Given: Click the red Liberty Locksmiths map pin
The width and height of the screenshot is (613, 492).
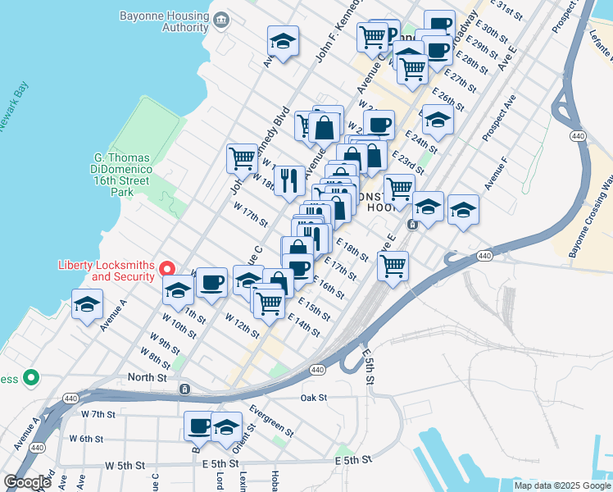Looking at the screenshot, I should (167, 269).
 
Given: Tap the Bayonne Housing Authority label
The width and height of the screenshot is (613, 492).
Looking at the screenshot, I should (164, 21).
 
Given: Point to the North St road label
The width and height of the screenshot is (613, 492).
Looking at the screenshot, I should (147, 378).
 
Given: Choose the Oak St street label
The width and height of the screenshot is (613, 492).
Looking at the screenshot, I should (313, 398).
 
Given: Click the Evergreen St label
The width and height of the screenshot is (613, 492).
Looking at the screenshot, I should (270, 419).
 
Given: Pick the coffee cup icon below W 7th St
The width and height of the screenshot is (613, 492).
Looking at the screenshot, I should (198, 426).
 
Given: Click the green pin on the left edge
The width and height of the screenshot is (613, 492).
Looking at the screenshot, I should (31, 378).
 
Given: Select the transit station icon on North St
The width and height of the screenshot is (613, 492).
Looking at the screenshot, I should (185, 388).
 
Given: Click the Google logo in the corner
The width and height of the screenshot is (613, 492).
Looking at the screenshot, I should (27, 482).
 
